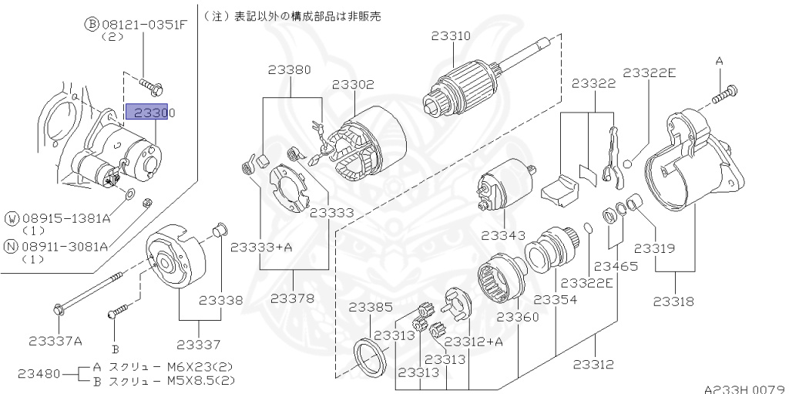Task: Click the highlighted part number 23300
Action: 151,113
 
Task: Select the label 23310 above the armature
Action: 451,36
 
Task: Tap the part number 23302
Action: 353,85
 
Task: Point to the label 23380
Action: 290,69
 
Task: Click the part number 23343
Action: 503,234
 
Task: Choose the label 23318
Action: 674,301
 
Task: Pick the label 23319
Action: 654,248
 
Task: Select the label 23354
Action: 556,299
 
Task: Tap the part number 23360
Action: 517,317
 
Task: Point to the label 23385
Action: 371,306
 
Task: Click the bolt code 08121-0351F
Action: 141,24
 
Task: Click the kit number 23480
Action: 37,374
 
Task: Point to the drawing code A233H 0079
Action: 744,389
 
